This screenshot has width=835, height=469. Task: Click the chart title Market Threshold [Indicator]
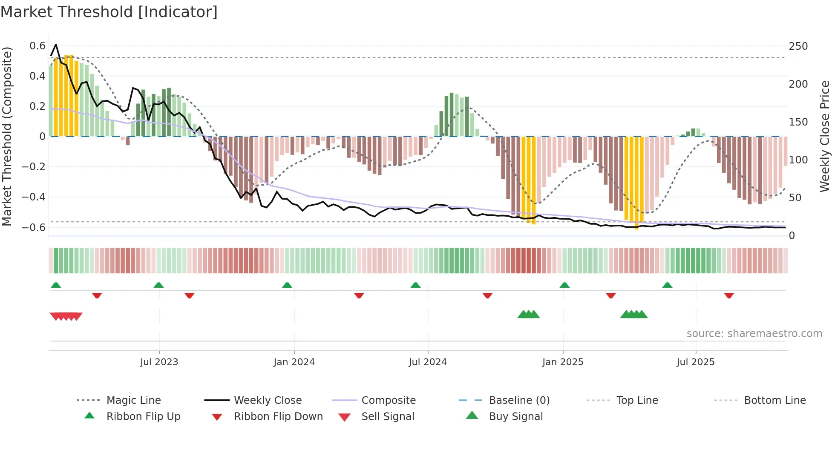[x=109, y=12]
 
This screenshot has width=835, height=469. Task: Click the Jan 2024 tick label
[x=294, y=362]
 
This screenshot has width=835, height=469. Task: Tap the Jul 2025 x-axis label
[x=695, y=362]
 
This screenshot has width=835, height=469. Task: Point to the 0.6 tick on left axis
[x=37, y=46]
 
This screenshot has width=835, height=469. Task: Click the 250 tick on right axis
[x=798, y=46]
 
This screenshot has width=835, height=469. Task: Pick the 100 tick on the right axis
[x=798, y=160]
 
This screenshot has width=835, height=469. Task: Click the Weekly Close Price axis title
[x=825, y=136]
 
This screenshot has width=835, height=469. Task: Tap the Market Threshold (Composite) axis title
[x=7, y=136]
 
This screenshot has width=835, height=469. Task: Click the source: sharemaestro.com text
[x=754, y=334]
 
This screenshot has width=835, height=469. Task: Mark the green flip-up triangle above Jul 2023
[x=158, y=285]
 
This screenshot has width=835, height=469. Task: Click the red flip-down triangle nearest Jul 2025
[x=729, y=295]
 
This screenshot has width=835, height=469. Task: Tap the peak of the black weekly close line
[x=56, y=45]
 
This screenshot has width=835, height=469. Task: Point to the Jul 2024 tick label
[x=428, y=362]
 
